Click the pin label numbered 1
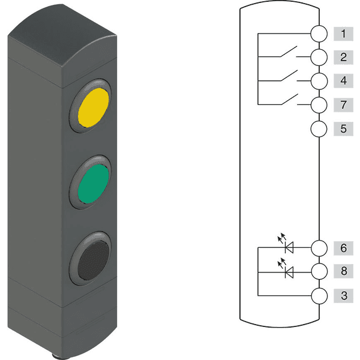343,34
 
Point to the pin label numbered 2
343,58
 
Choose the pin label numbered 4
343,81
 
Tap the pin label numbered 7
343,105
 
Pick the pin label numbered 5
343,128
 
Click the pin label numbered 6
343,247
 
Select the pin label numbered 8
343,271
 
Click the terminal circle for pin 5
320,128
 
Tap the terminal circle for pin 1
320,34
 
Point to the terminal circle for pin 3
320,295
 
